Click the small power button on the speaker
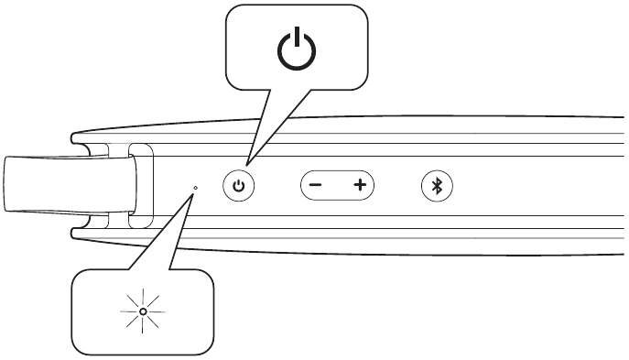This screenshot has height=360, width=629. pos(239,186)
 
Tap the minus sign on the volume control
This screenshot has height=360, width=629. pos(315,186)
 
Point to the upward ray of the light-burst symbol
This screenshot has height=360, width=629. pos(143,300)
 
